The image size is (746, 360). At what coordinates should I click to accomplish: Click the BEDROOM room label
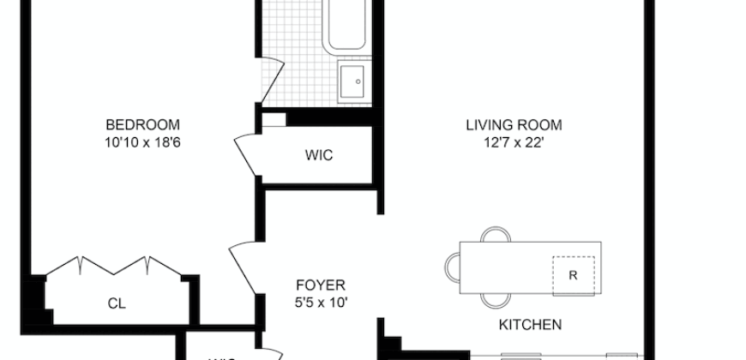pyautogui.click(x=142, y=124)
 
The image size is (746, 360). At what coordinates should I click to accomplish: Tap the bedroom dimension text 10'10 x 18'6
pyautogui.click(x=142, y=141)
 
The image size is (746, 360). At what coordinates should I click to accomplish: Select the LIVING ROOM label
pyautogui.click(x=514, y=124)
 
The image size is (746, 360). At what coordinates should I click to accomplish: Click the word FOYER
pyautogui.click(x=320, y=285)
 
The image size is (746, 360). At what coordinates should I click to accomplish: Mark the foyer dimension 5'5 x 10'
pyautogui.click(x=320, y=302)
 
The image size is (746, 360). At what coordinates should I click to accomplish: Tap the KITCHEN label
pyautogui.click(x=530, y=325)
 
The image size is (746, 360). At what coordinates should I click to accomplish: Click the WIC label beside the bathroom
pyautogui.click(x=318, y=156)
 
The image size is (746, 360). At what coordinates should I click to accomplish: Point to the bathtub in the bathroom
pyautogui.click(x=347, y=26)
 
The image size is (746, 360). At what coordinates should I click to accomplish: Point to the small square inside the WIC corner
pyautogui.click(x=273, y=120)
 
